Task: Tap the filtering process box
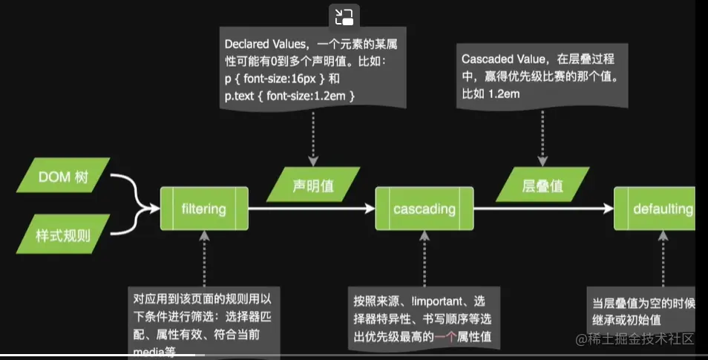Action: coord(203,209)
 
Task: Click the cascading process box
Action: coord(424,209)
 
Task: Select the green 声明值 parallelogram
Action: coord(313,186)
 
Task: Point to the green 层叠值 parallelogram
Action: coord(543,186)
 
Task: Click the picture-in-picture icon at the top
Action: coord(344,17)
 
